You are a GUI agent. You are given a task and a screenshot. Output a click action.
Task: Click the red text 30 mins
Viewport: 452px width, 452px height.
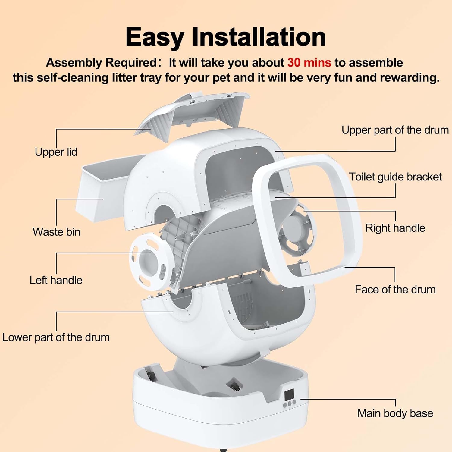pos(309,63)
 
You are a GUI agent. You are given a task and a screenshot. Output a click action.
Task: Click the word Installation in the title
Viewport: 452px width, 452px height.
pos(259,37)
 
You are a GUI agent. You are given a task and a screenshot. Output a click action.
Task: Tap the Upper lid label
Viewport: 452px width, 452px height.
pos(56,152)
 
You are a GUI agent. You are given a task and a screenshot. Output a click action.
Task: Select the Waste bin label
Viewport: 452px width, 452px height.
pos(56,232)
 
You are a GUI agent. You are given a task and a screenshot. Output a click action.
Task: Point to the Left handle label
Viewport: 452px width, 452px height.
pos(56,280)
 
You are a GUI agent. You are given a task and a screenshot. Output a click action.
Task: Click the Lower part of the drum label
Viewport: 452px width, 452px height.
pos(56,337)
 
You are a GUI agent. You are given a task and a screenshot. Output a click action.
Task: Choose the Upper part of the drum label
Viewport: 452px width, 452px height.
pos(395,130)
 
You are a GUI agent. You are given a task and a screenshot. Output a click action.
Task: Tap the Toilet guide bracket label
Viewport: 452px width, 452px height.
pos(395,177)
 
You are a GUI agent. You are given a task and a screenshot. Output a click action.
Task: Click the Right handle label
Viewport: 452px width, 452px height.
pos(395,228)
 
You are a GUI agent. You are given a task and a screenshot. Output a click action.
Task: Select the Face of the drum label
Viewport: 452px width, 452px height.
pos(395,289)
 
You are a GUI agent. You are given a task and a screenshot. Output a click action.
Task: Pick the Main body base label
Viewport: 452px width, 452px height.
pos(395,413)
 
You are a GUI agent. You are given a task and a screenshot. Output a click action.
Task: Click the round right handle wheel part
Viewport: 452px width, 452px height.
pos(297,231)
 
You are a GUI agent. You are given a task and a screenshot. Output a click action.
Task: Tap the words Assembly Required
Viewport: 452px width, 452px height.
pos(101,63)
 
